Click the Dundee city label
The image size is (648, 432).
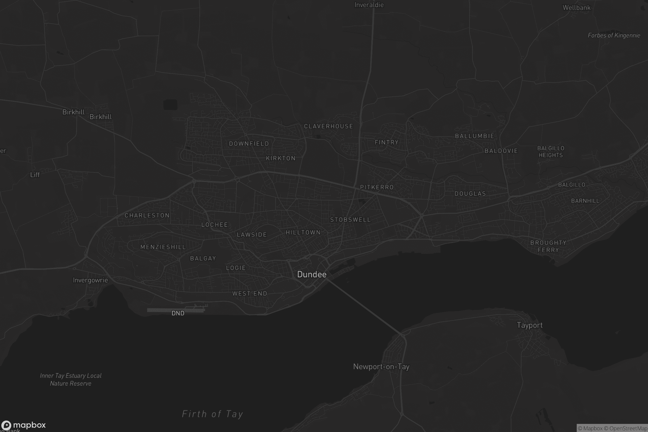pyautogui.click(x=312, y=274)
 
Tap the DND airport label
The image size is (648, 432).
pyautogui.click(x=178, y=313)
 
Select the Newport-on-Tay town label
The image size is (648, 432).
pyautogui.click(x=381, y=367)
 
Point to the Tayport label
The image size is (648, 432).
pyautogui.click(x=529, y=325)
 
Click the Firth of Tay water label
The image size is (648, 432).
pyautogui.click(x=212, y=414)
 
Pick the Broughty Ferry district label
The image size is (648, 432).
pyautogui.click(x=548, y=246)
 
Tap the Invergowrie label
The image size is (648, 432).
pyautogui.click(x=90, y=280)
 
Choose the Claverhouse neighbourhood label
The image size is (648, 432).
pyautogui.click(x=328, y=126)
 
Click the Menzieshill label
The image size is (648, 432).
pyautogui.click(x=163, y=247)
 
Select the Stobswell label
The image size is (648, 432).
pyautogui.click(x=350, y=220)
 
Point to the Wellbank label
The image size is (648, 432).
pyautogui.click(x=576, y=8)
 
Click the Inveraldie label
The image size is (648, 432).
pyautogui.click(x=369, y=5)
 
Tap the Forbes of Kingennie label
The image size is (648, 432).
pyautogui.click(x=614, y=35)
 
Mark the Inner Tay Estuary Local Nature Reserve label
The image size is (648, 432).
pyautogui.click(x=70, y=379)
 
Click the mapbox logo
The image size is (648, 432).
pyautogui.click(x=24, y=425)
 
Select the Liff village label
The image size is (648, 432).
pyautogui.click(x=35, y=175)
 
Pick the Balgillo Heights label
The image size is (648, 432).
pyautogui.click(x=551, y=151)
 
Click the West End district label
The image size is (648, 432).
pyautogui.click(x=249, y=293)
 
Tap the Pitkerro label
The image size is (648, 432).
pyautogui.click(x=377, y=187)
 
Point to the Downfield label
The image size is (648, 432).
pyautogui.click(x=249, y=144)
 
